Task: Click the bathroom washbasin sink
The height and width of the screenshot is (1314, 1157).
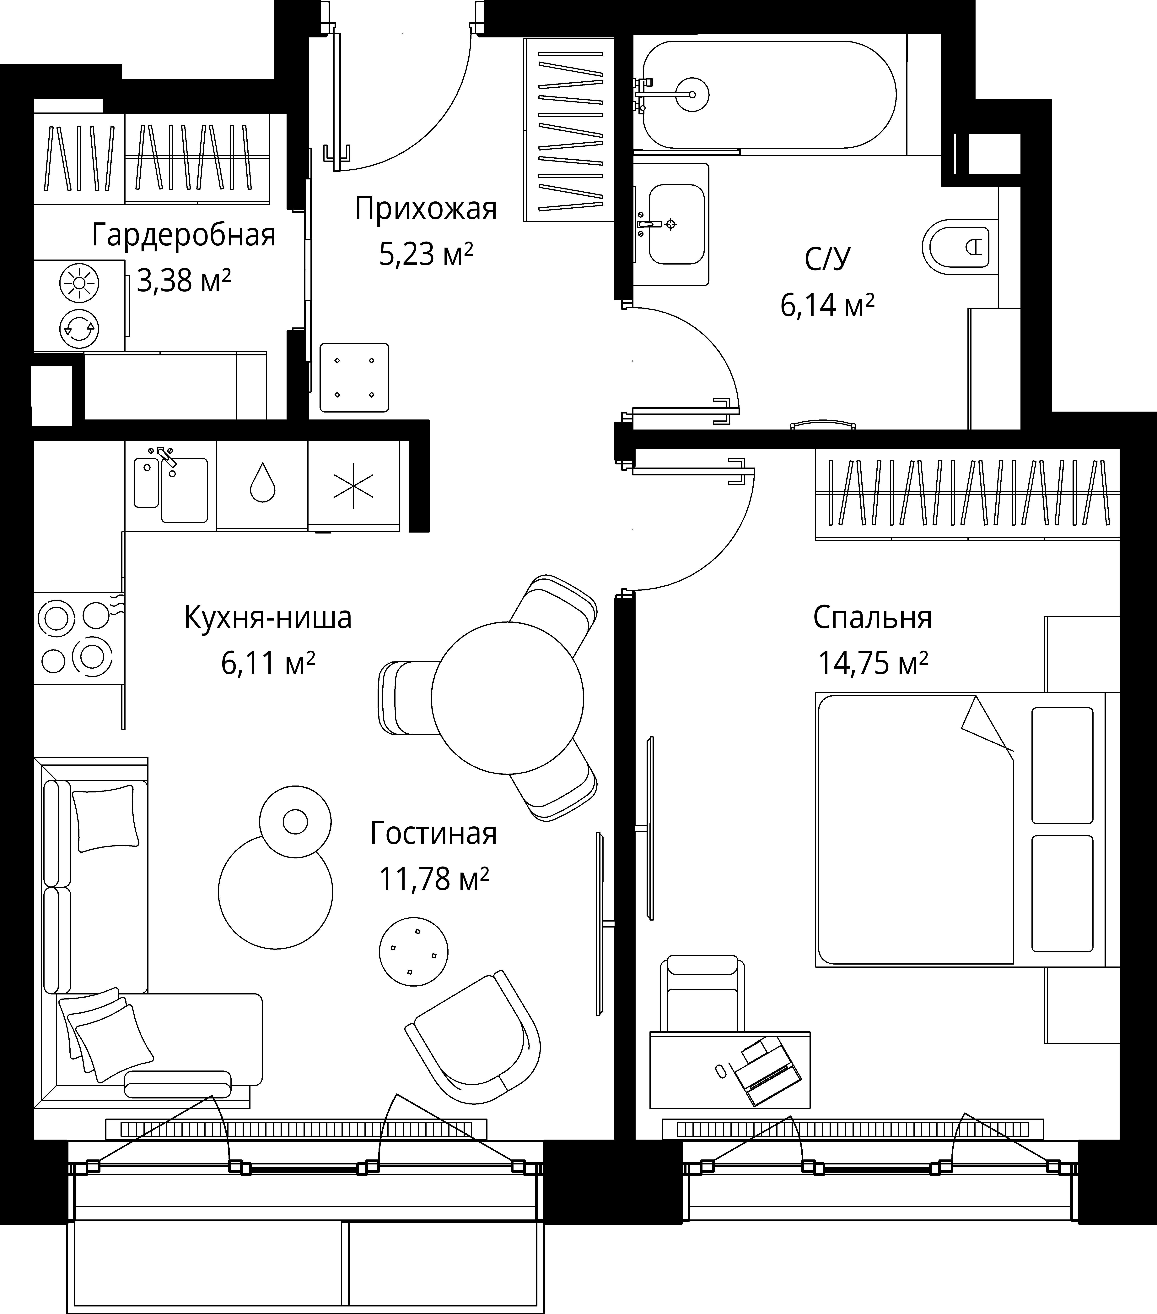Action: tap(676, 224)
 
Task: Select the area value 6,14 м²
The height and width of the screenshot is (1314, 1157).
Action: tap(827, 305)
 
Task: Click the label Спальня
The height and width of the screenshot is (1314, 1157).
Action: tap(872, 618)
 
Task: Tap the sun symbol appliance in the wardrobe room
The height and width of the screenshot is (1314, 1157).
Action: tap(79, 283)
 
